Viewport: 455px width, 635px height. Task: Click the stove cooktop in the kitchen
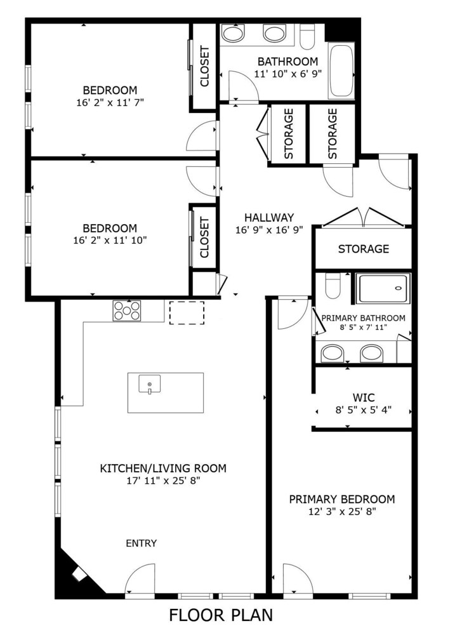click(x=127, y=311)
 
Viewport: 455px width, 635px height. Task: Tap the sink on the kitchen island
click(x=149, y=384)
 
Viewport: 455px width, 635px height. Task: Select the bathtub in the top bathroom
click(x=341, y=71)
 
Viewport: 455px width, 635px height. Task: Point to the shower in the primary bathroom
click(x=383, y=288)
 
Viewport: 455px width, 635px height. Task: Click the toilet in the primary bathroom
click(x=333, y=286)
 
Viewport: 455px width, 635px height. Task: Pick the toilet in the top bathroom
click(x=307, y=36)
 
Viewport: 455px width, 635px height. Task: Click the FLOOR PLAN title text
click(x=221, y=615)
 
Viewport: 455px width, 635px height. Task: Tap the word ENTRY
click(x=142, y=543)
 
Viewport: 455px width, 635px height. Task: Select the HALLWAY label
click(x=269, y=217)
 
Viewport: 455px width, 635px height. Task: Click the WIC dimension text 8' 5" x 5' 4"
click(x=363, y=410)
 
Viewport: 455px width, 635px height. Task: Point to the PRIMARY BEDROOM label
click(x=342, y=499)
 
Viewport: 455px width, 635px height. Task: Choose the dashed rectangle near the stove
click(x=187, y=312)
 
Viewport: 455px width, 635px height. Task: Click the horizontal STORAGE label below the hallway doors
click(x=364, y=249)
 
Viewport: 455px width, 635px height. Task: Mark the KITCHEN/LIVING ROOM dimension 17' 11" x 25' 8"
click(x=163, y=481)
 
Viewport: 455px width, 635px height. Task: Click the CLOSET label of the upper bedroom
click(x=205, y=66)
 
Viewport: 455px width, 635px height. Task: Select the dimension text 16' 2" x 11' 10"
click(x=110, y=240)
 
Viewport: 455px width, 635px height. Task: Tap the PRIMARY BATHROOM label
click(x=363, y=318)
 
